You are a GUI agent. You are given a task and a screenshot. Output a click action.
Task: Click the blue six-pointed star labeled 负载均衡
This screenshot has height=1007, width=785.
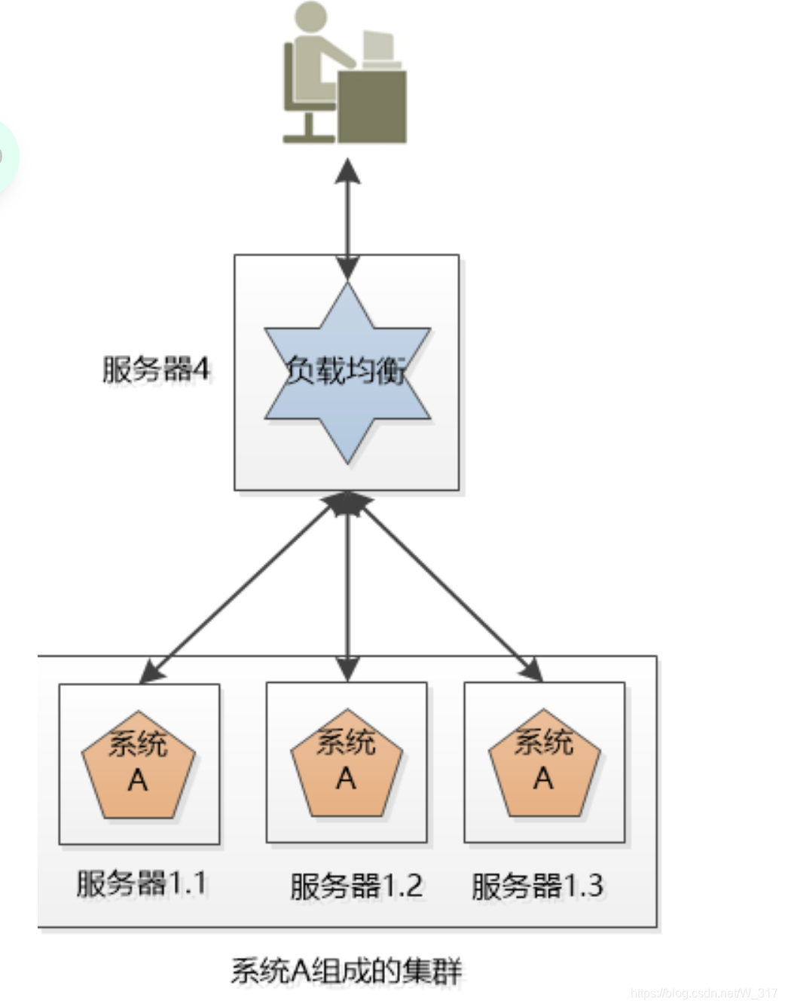347,372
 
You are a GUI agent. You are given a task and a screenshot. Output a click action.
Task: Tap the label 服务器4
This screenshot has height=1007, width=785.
155,370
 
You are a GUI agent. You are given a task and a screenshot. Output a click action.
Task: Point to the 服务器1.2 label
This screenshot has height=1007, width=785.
356,886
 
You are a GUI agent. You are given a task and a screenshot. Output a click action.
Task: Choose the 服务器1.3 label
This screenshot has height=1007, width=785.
537,886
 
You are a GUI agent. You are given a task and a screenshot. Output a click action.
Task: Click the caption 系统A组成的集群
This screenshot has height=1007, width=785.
346,971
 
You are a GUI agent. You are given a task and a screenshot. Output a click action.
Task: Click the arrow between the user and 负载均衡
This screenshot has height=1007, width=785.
347,219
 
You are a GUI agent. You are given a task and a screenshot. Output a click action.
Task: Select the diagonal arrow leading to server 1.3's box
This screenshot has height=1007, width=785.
452,588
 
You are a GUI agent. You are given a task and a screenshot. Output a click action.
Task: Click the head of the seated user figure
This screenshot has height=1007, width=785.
311,19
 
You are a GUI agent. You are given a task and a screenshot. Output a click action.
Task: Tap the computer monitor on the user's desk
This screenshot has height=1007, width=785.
379,47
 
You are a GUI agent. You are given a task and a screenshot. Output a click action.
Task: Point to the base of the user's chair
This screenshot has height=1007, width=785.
308,136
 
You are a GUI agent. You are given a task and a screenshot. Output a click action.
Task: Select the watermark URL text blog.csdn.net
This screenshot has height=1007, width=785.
704,993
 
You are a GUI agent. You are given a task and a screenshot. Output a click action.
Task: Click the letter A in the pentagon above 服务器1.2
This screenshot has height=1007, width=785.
347,778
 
